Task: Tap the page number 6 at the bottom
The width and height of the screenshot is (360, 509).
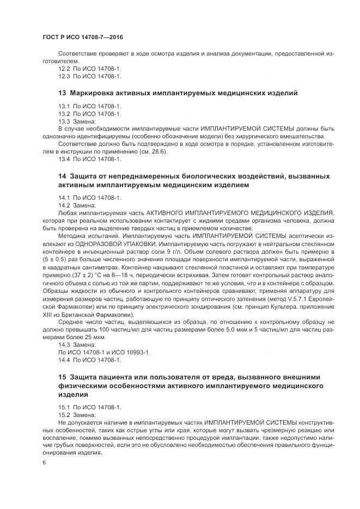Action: [44, 462]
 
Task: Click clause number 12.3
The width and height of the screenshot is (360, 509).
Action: [64, 76]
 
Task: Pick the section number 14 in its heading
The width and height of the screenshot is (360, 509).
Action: [62, 177]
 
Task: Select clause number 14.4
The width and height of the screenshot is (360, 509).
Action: [64, 360]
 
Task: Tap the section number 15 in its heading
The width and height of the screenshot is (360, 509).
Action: [62, 377]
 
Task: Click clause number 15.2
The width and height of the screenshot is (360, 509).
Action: [64, 414]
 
